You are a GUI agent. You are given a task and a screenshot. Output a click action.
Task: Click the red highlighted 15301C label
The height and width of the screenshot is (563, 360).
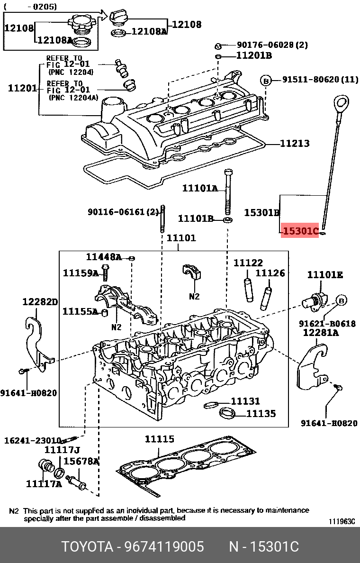299,231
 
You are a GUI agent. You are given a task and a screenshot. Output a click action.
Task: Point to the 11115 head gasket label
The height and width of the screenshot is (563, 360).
159,440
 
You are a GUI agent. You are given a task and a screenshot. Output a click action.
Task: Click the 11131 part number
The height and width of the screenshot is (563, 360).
245,401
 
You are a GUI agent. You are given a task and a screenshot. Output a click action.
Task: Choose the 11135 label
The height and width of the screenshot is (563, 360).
261,414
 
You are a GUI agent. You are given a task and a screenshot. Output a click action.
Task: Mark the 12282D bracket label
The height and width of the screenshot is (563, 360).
40,302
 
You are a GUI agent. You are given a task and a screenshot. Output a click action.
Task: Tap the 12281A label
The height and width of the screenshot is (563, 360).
321,333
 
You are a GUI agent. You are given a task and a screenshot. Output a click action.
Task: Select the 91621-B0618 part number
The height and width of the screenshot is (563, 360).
327,323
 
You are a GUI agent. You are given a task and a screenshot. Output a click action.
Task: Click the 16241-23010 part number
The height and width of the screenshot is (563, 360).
33,440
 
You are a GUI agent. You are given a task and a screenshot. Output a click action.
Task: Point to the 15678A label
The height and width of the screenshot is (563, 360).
81,461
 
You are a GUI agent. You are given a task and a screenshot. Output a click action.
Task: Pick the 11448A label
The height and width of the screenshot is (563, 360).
104,257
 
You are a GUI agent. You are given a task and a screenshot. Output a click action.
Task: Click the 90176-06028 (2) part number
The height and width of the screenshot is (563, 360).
272,45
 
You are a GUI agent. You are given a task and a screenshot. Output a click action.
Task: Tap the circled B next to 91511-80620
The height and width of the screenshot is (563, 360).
266,81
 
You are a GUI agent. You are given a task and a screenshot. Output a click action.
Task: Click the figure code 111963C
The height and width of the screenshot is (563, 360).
341,522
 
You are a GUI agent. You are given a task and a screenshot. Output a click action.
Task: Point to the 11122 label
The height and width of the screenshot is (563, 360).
248,263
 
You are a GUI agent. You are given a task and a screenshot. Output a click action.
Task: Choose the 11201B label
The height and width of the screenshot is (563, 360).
254,56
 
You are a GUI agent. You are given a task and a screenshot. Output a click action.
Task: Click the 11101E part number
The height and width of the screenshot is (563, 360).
325,275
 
